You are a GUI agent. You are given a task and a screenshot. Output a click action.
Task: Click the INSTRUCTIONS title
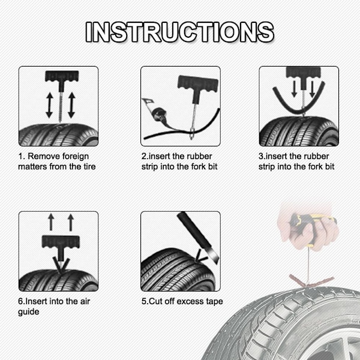point(180,32)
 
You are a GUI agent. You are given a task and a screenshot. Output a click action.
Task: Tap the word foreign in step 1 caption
point(76,156)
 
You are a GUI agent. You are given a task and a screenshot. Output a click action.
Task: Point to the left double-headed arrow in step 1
point(49,105)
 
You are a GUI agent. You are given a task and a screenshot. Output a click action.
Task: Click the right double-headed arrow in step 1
point(71,105)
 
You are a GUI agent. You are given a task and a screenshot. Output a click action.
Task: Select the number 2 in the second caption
point(144,157)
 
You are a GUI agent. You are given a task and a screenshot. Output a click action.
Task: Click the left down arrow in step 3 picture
point(294,89)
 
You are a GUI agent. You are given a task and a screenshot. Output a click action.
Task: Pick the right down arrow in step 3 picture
point(312,89)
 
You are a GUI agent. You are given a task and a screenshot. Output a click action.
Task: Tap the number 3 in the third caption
point(261,157)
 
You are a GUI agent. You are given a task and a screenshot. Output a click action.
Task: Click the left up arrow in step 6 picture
point(51,222)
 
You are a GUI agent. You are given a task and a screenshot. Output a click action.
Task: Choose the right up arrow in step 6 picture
point(71,222)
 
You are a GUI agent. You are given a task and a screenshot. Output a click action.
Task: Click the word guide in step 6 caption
point(29,312)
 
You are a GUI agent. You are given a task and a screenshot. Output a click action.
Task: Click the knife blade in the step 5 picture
point(214,256)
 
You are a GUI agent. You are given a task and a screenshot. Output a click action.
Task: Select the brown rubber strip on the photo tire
point(311,281)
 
